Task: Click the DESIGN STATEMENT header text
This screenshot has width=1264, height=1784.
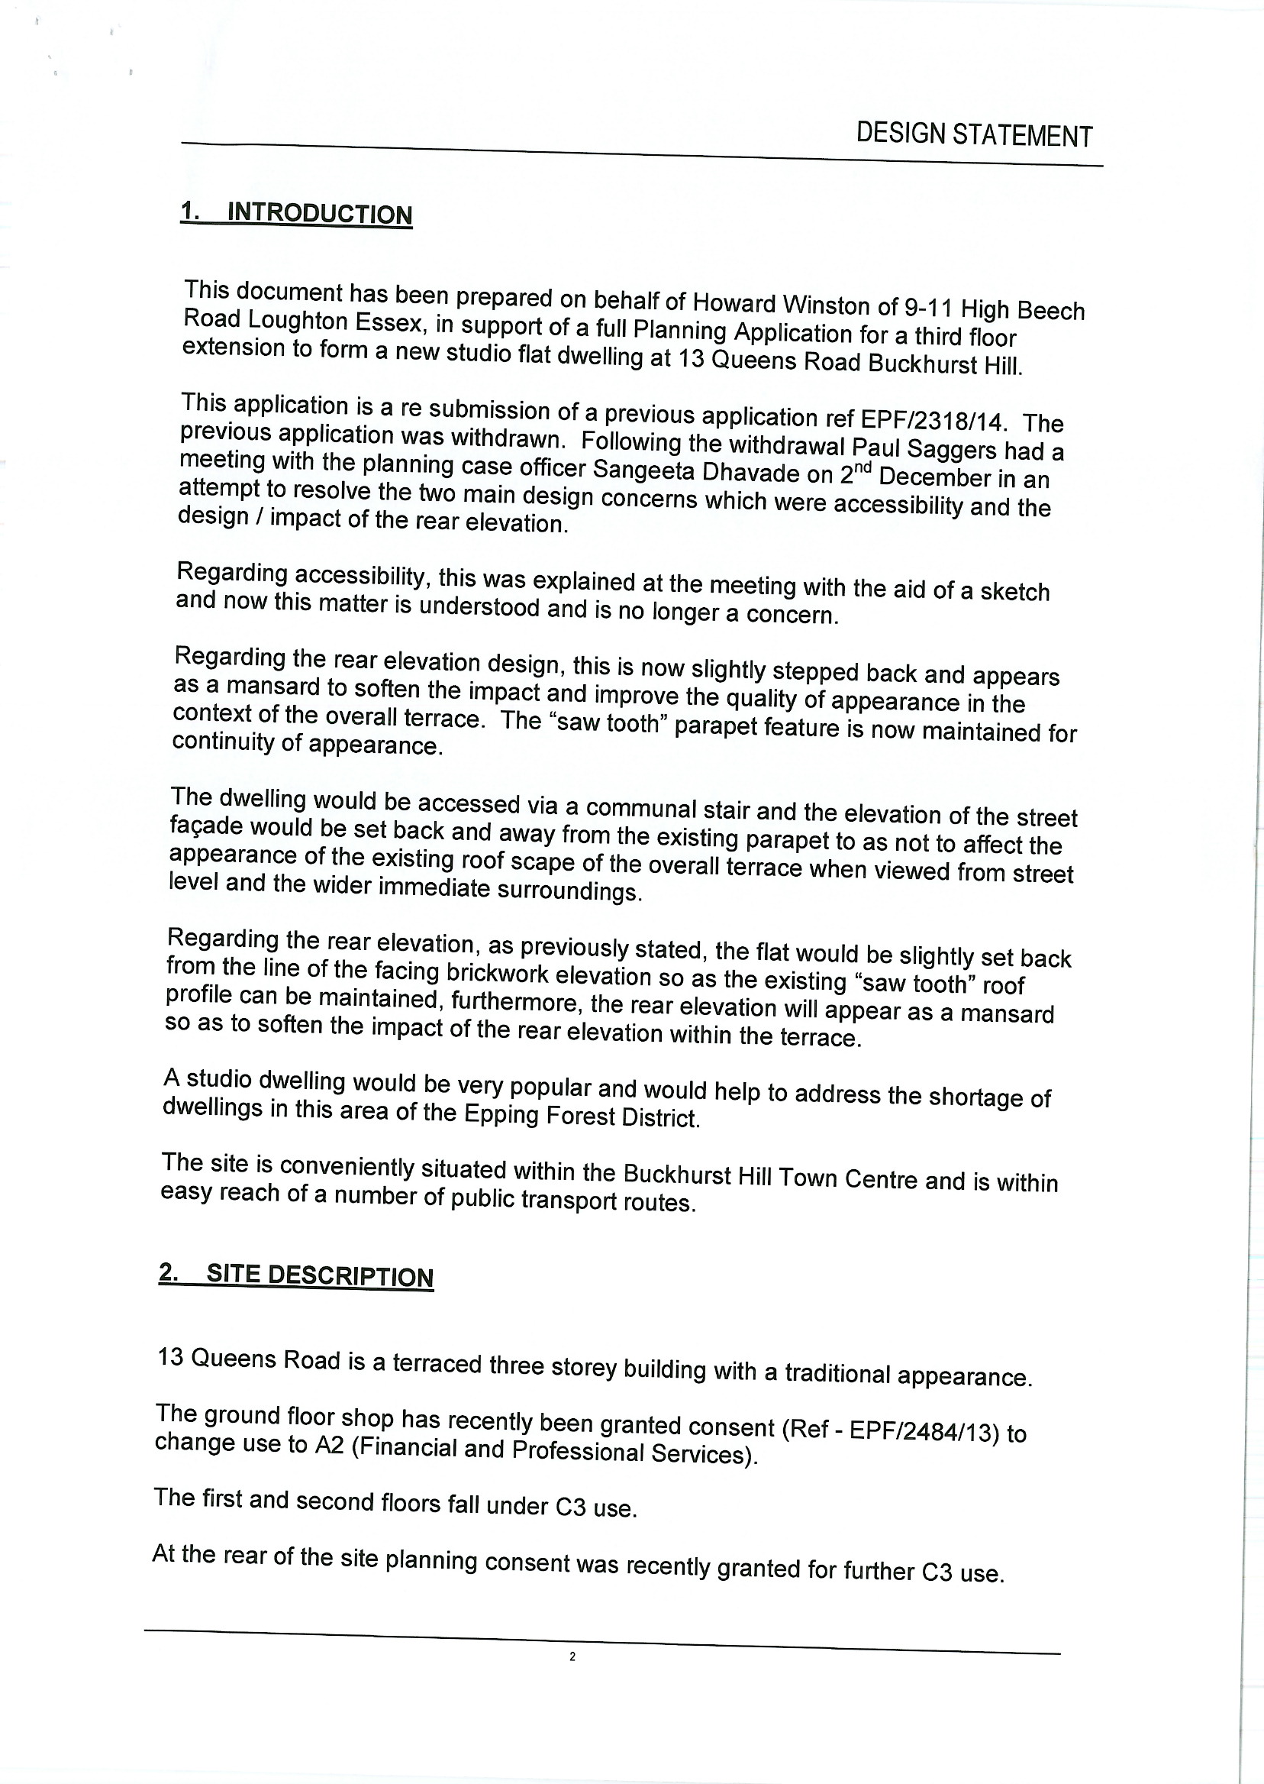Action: pos(974,134)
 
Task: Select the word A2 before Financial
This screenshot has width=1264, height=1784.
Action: pos(329,1446)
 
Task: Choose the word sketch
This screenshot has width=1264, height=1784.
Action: pos(1015,592)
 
